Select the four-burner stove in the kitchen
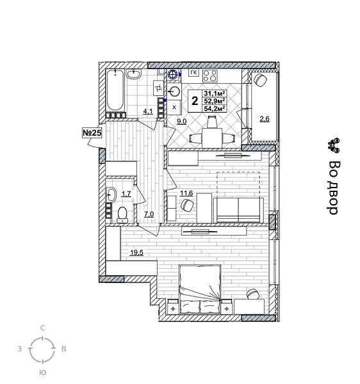(210, 76)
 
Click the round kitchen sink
(172, 92)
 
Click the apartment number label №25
(92, 132)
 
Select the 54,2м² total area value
(215, 109)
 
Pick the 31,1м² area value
(215, 93)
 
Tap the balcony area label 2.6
(265, 118)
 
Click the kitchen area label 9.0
(181, 121)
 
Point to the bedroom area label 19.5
(136, 253)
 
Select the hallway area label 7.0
(149, 214)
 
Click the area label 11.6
(186, 193)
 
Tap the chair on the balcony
(261, 81)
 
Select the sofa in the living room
(238, 209)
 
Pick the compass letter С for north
(42, 328)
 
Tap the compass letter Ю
(42, 372)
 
